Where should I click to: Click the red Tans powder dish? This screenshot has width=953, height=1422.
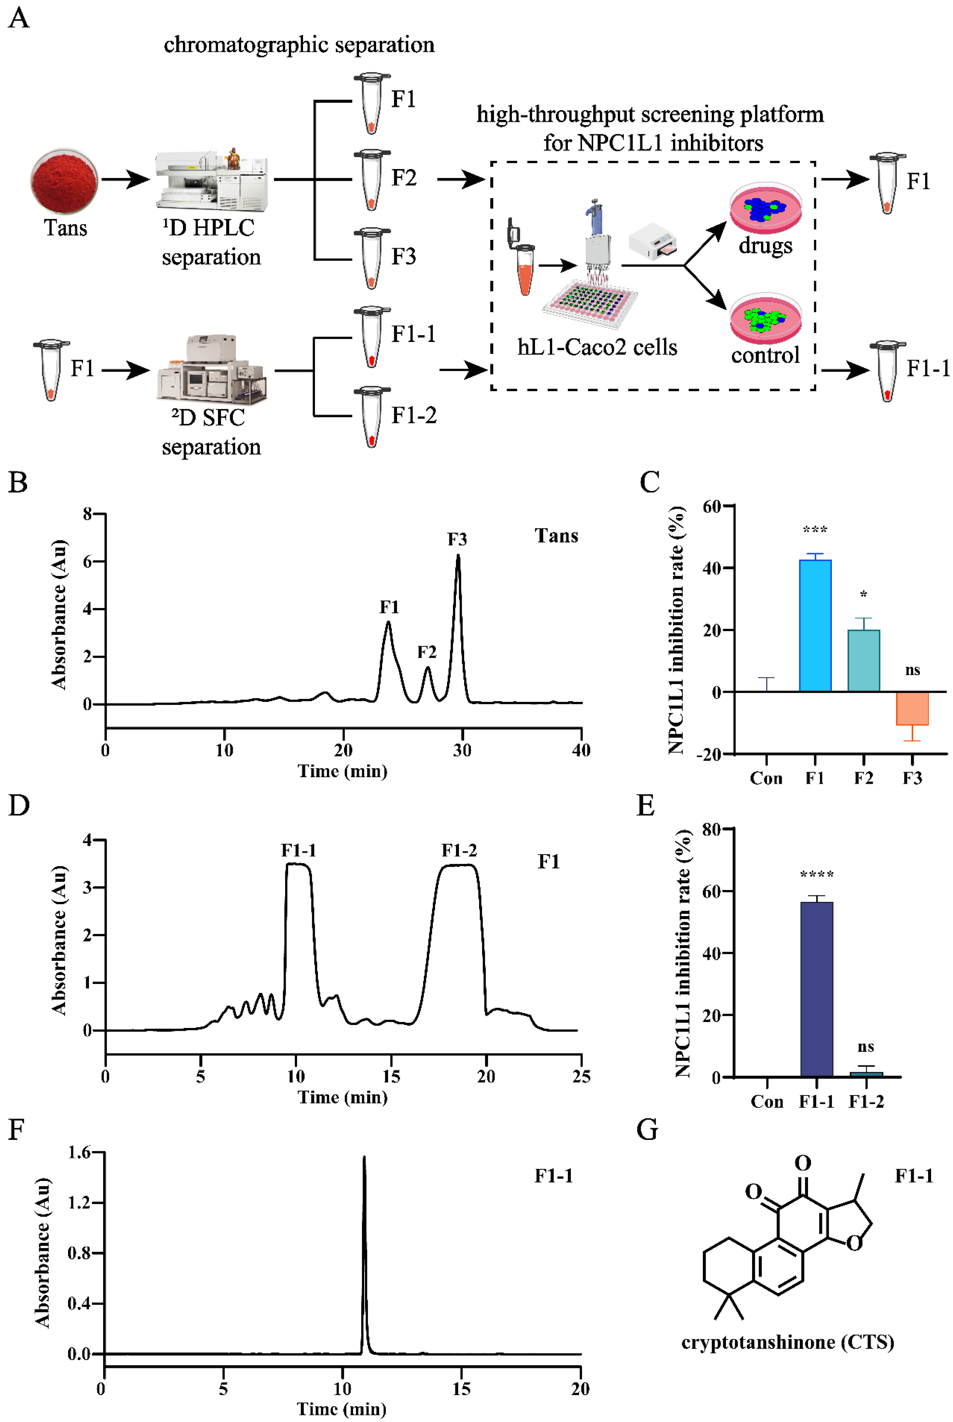tap(64, 181)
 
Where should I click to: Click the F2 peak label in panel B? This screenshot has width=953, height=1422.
tap(427, 652)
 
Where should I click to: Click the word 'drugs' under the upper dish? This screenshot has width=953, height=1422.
tap(765, 246)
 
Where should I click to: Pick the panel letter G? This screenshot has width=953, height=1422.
tap(647, 1130)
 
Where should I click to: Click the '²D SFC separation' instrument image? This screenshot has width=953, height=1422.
tap(211, 369)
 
